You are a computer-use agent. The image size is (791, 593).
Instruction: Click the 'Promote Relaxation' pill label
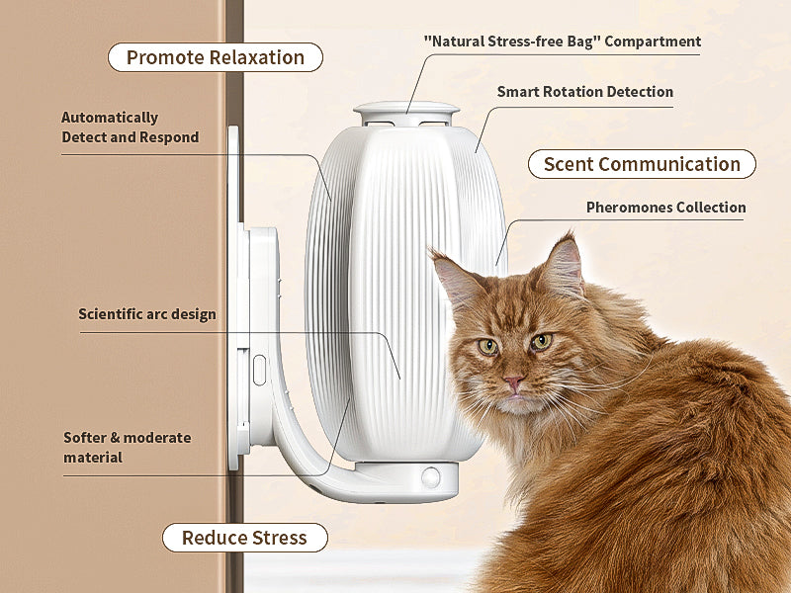coord(215,57)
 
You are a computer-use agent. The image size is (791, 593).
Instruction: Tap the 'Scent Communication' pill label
coord(642,164)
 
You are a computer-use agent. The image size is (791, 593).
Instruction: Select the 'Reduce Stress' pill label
coord(244,538)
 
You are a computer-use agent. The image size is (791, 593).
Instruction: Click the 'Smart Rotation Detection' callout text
coord(584,92)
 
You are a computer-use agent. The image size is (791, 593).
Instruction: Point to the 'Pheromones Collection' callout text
coord(665,208)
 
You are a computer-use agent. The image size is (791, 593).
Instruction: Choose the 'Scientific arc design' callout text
coord(146,314)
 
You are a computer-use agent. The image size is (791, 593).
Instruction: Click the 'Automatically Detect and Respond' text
coord(130,127)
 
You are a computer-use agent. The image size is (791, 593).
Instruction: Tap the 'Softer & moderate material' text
coord(127,447)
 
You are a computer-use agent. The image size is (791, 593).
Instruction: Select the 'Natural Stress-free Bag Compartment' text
coord(562,42)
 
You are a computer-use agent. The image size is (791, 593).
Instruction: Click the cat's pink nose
coord(513,382)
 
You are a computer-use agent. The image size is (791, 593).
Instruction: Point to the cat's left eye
coord(487,346)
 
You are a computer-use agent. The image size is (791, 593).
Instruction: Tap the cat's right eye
coord(540,342)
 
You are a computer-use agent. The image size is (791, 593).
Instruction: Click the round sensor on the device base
coord(431,477)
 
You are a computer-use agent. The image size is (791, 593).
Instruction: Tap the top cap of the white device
coord(406,110)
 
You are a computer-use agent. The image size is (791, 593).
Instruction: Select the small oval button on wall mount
coord(259,370)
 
